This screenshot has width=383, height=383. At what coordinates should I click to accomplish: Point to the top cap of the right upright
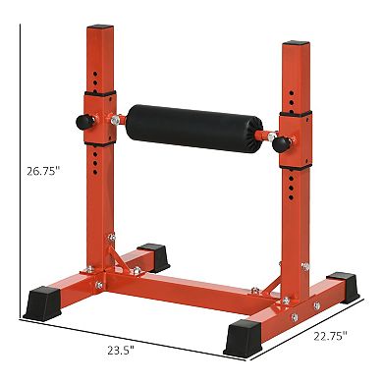pos(296,43)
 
